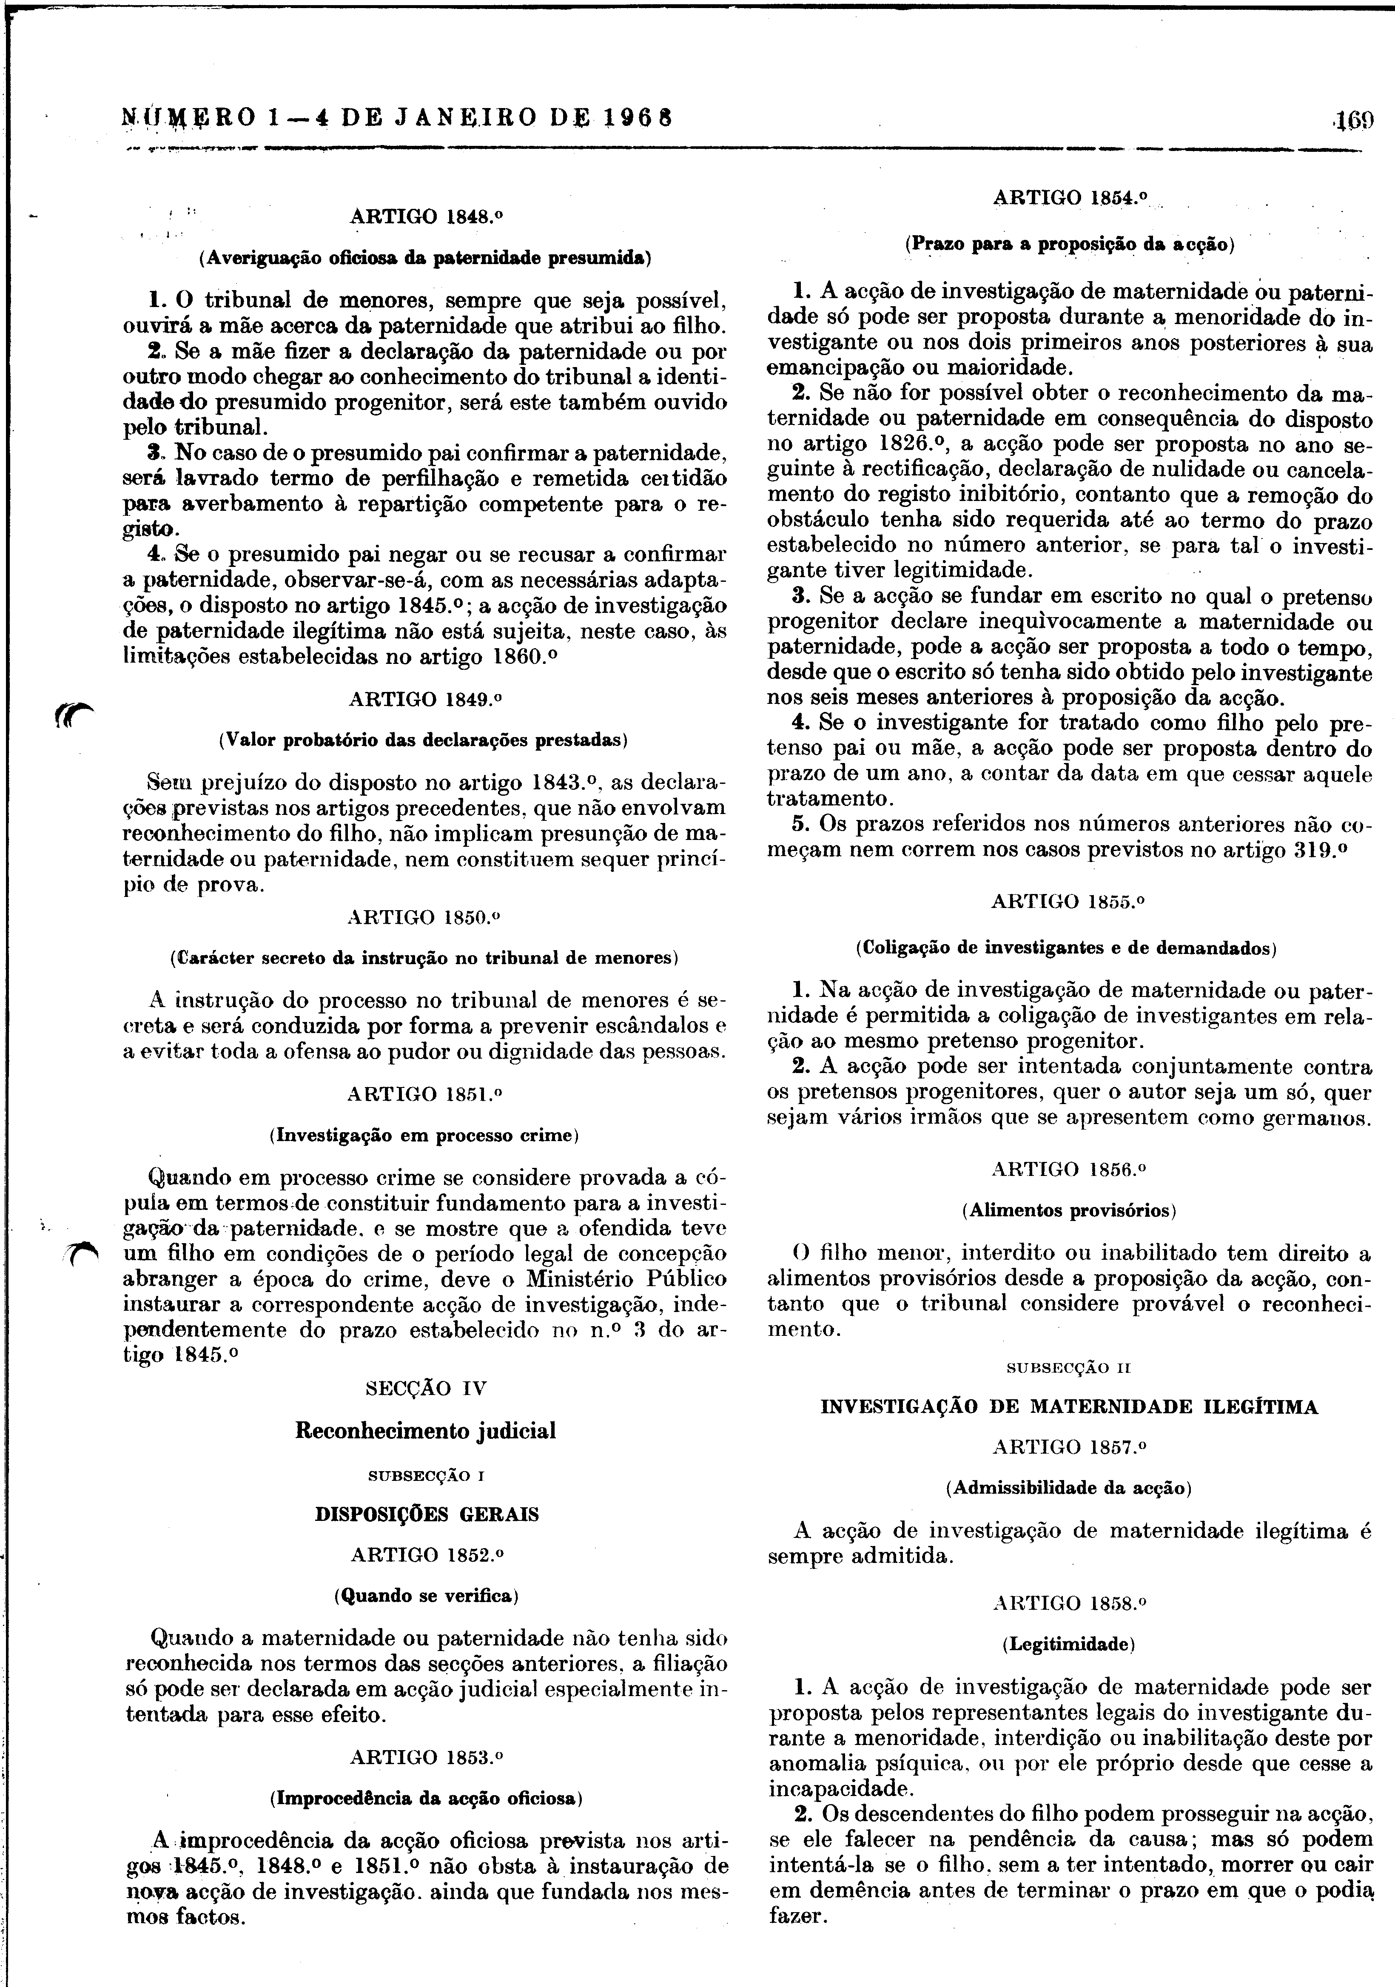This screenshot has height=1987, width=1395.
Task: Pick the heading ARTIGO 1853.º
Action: coord(426,1757)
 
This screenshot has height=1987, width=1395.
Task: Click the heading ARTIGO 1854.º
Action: coord(1070,197)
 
